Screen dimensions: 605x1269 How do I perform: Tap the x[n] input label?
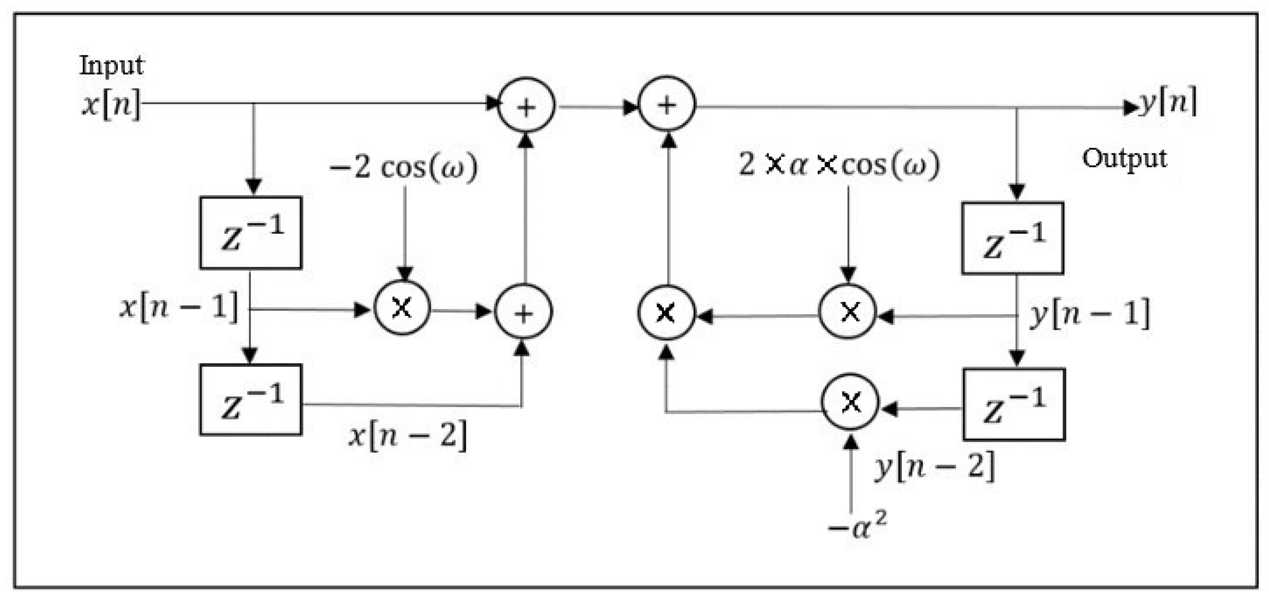tap(111, 104)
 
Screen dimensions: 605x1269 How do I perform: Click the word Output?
tap(1124, 159)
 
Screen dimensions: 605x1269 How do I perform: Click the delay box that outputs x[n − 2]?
tap(251, 399)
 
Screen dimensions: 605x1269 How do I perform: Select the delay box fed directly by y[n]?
tap(1013, 238)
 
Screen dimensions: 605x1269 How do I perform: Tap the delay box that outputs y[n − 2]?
tap(1014, 404)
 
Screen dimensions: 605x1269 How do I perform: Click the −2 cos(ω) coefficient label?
tap(403, 167)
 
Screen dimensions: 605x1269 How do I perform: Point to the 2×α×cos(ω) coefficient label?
tap(839, 165)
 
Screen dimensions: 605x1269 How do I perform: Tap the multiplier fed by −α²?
tap(850, 402)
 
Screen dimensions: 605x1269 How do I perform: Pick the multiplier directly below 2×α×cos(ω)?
tap(848, 311)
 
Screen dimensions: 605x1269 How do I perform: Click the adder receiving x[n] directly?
tap(526, 105)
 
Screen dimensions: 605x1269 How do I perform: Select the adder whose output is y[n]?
tap(667, 104)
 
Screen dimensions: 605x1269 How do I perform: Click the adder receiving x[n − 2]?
tap(523, 311)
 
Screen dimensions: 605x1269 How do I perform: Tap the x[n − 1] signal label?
tap(179, 308)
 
